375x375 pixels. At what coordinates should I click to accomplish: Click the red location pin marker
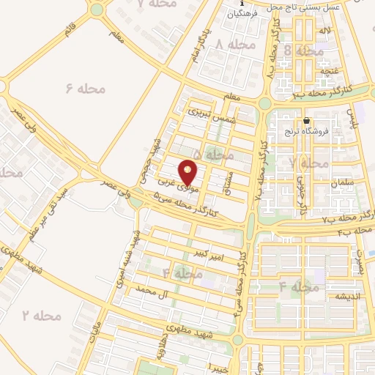tap(189, 172)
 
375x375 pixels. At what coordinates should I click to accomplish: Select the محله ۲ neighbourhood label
tap(40, 316)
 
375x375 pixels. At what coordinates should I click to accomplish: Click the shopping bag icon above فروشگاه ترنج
tap(307, 121)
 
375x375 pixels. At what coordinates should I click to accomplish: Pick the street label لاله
tap(322, 31)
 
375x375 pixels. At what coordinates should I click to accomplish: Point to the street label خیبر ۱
tap(219, 364)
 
